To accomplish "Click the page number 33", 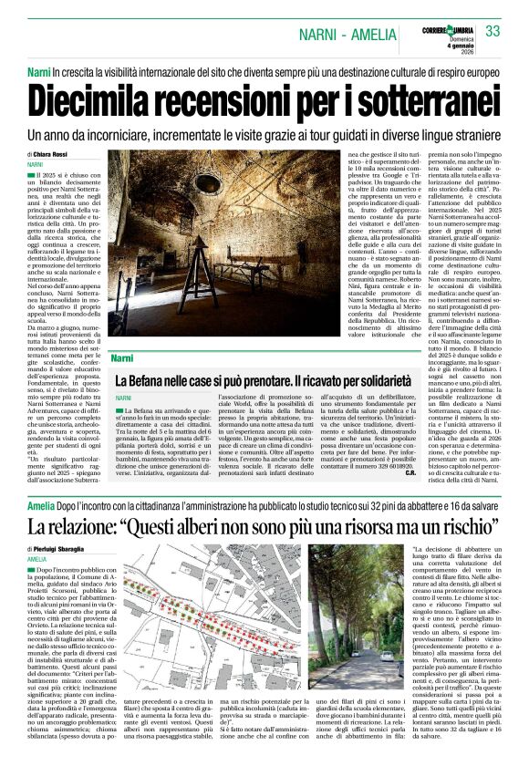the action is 493,31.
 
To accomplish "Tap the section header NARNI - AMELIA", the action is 347,36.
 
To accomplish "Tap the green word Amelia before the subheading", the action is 41,505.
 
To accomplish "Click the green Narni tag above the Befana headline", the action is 121,358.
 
